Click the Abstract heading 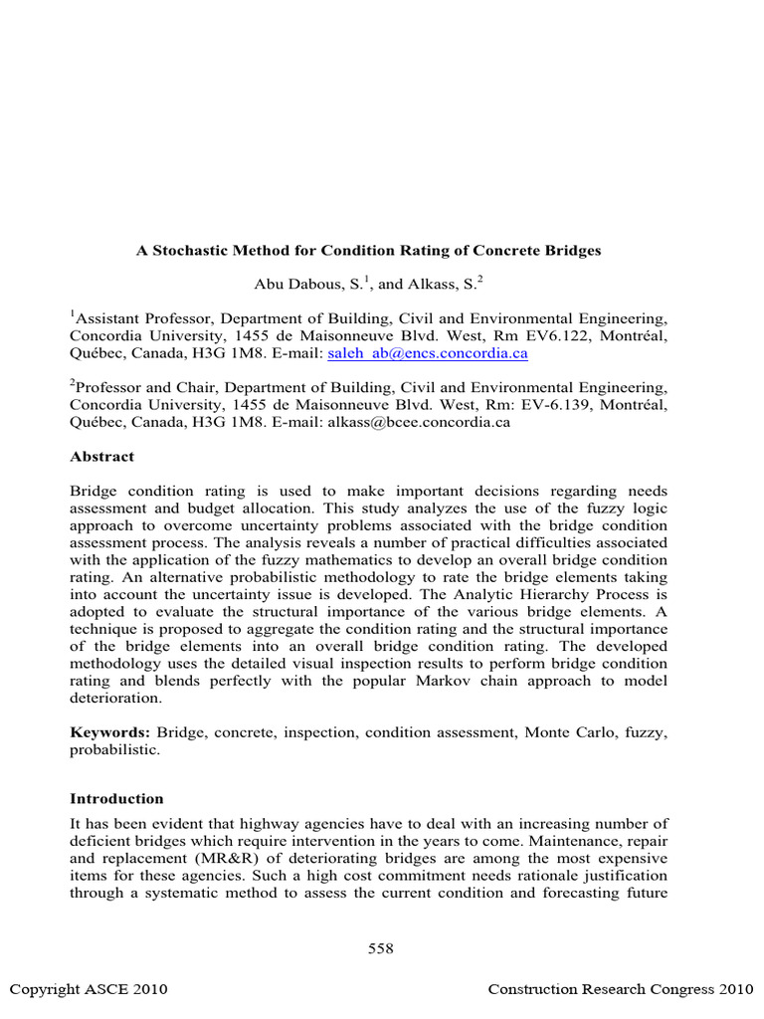[101, 457]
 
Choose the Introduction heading [116, 798]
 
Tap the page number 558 [381, 948]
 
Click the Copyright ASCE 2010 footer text [89, 989]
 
